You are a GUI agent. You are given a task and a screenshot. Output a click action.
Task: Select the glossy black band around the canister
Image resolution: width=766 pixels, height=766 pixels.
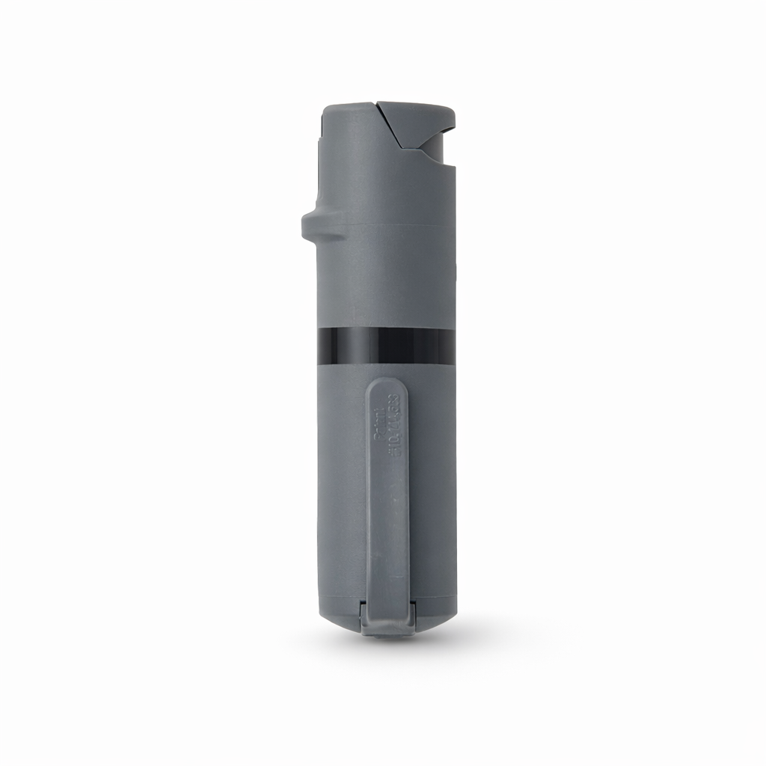tap(385, 345)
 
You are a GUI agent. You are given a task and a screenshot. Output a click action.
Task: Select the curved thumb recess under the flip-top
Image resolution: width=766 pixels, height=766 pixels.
tap(434, 153)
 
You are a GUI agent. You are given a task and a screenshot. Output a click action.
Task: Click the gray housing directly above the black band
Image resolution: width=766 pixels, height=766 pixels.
tap(385, 292)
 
